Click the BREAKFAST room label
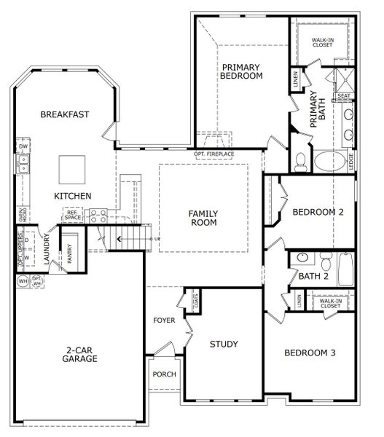click(64, 114)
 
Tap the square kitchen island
click(73, 170)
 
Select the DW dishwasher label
click(23, 147)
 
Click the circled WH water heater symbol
click(22, 280)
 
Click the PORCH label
click(164, 374)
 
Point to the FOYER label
click(164, 320)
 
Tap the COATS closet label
click(196, 299)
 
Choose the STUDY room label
click(224, 344)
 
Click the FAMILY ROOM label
click(203, 218)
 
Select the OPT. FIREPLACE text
click(213, 154)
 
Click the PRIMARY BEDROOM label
click(241, 71)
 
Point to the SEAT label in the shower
click(344, 95)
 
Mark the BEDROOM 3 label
click(309, 353)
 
